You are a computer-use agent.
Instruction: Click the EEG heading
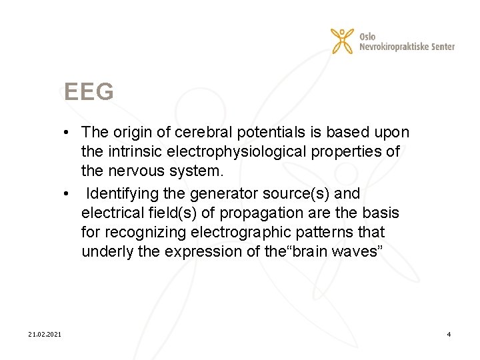coord(89,92)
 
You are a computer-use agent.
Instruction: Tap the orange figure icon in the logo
coord(342,40)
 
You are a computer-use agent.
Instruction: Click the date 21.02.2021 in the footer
coord(45,333)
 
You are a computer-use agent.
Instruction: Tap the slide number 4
coord(449,333)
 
